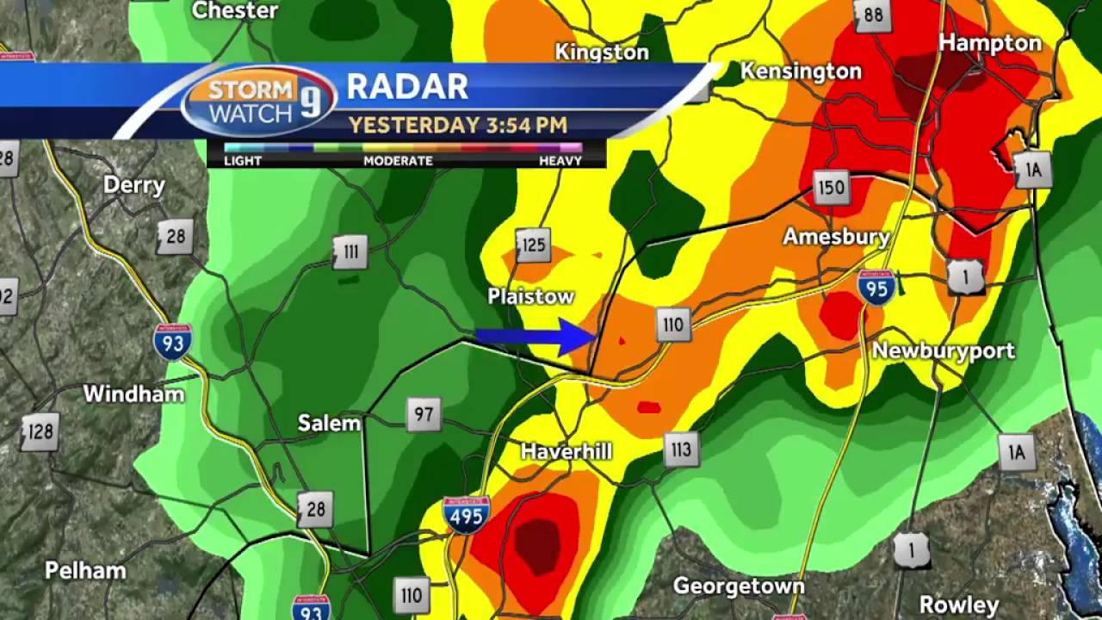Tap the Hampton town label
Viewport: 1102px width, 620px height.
989,43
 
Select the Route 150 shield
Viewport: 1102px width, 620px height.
831,187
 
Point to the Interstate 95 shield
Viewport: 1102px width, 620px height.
876,288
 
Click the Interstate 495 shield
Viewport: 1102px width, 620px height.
466,514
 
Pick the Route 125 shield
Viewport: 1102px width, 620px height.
533,245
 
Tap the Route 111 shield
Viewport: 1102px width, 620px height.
350,251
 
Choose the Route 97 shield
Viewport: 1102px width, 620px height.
423,414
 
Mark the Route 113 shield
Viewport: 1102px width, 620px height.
680,449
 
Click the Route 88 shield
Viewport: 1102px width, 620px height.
873,15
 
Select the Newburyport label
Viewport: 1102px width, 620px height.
943,350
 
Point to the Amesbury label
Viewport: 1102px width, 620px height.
835,236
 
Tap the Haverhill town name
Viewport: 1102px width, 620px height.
566,451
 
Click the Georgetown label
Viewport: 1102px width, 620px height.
739,586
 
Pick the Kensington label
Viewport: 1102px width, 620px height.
801,71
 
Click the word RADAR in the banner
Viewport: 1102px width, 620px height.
407,87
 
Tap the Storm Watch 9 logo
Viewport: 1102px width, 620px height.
257,101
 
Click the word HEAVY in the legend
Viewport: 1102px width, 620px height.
560,161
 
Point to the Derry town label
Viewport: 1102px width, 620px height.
133,185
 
